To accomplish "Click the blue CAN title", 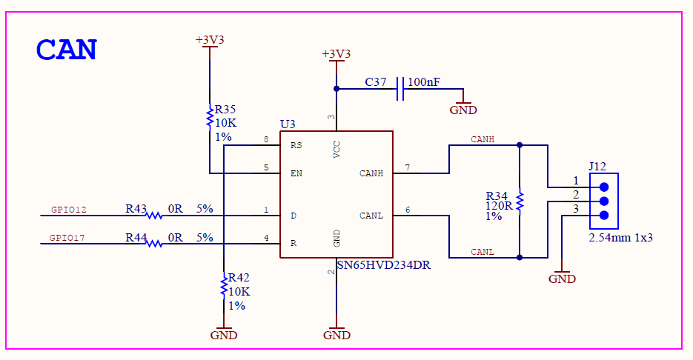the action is pos(66,50).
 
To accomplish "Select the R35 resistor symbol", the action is pos(210,118).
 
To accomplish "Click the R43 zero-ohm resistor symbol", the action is pos(154,216).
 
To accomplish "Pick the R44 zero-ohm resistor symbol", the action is pos(154,244).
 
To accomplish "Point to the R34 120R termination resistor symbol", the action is pos(520,201).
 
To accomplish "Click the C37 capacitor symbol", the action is pos(400,89).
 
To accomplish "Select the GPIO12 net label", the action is pos(68,210).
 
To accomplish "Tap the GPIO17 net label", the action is pos(67,238).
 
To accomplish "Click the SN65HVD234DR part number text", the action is pos(384,265).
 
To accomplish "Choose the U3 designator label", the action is pos(288,124).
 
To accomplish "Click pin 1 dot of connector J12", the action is pos(604,187).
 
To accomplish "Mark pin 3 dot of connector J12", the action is pos(604,216).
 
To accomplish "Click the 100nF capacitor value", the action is pos(424,82).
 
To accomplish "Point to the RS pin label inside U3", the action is pos(296,145).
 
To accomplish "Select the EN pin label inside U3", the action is pos(296,173).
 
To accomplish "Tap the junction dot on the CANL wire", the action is pos(520,258).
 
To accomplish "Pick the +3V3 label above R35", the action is pos(210,40).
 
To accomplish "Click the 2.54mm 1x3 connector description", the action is pos(620,238).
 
